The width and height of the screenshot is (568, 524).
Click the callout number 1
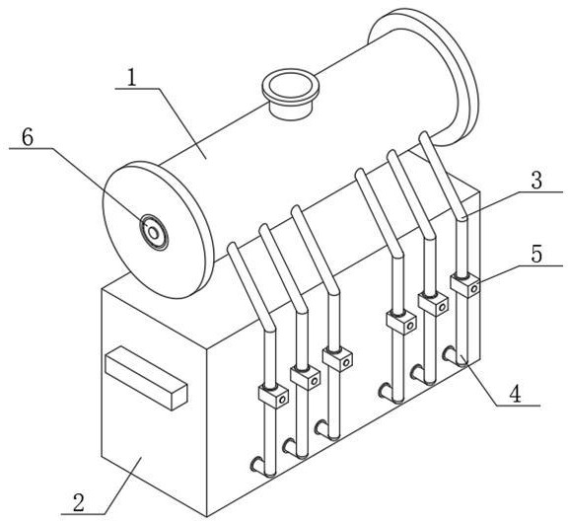pyautogui.click(x=132, y=77)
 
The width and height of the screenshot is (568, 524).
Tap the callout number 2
pyautogui.click(x=79, y=502)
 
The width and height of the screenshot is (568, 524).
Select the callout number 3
pyautogui.click(x=536, y=181)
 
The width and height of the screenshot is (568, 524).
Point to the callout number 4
pyautogui.click(x=515, y=395)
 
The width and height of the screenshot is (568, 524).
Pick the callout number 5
pyautogui.click(x=536, y=254)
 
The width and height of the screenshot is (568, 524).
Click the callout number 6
pyautogui.click(x=28, y=137)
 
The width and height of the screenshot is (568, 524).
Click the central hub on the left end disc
pyautogui.click(x=154, y=233)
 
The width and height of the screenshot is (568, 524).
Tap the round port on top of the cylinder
pyautogui.click(x=291, y=94)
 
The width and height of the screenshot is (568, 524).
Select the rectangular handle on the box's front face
pyautogui.click(x=146, y=378)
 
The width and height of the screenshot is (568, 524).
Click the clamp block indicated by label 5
pyautogui.click(x=465, y=285)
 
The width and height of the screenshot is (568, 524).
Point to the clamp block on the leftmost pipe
pyautogui.click(x=273, y=396)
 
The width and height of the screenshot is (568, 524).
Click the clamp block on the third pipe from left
pyautogui.click(x=337, y=359)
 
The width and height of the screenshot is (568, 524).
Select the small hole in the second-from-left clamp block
pyautogui.click(x=314, y=381)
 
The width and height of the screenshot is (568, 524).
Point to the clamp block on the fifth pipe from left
pyautogui.click(x=433, y=304)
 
